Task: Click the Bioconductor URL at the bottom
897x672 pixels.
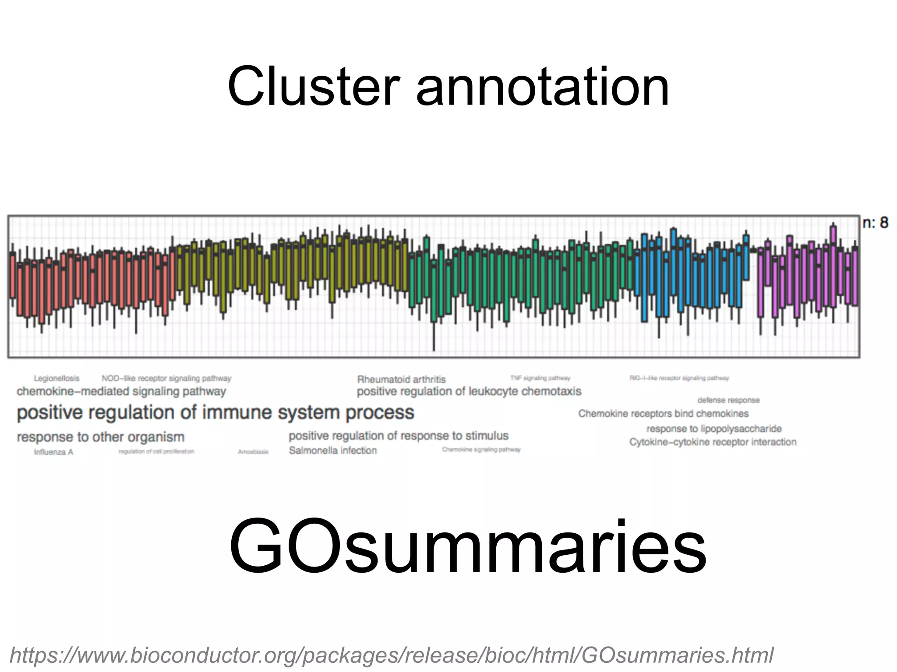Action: point(391,655)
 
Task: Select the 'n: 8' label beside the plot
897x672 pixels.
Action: point(875,223)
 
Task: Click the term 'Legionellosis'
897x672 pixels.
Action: point(57,378)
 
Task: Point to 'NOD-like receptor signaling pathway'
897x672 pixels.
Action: point(166,378)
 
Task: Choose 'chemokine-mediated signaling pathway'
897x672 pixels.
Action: point(121,392)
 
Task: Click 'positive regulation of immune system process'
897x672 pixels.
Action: point(215,413)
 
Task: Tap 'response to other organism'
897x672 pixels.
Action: point(100,437)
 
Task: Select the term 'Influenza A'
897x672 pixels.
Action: point(53,452)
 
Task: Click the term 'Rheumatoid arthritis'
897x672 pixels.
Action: point(401,379)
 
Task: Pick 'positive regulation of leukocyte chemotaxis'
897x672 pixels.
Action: point(469,392)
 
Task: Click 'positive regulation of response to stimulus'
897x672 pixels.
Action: point(399,436)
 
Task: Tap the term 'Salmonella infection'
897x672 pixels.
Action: point(332,451)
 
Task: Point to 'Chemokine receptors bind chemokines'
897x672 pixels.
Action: point(663,413)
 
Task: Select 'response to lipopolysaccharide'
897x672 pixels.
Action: point(714,429)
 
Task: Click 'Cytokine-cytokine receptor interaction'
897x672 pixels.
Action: point(713,442)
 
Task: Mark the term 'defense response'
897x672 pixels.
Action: point(728,400)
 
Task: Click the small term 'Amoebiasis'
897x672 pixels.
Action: point(253,452)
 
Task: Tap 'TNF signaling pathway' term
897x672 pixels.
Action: point(540,378)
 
